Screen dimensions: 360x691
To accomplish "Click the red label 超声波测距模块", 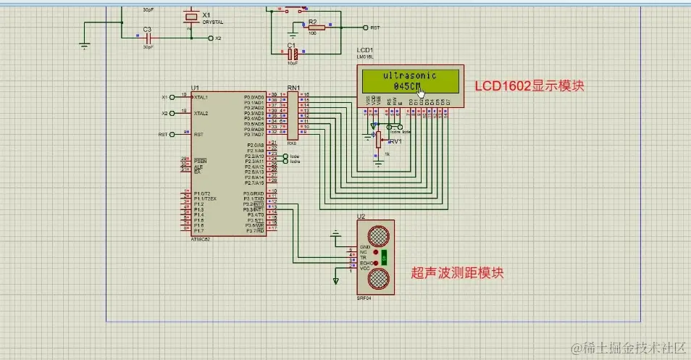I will coord(457,273).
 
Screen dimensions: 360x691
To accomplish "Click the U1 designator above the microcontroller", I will coord(195,87).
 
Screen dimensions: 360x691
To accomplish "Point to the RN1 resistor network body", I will coord(293,114).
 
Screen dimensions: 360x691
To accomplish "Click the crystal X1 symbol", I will coord(190,17).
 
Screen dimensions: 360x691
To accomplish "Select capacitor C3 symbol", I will coord(147,37).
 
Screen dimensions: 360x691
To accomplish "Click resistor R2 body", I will coord(316,28).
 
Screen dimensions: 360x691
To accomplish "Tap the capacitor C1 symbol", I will coord(293,53).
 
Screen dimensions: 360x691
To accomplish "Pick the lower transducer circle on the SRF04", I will coord(378,278).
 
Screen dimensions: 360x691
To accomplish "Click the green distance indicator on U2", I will coord(386,256).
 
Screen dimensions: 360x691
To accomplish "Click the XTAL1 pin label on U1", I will coord(201,97).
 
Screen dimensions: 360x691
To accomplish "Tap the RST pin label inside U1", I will coord(198,135).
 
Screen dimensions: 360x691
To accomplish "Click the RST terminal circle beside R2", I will coord(365,28).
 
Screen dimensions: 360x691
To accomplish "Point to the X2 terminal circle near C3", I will coord(211,38).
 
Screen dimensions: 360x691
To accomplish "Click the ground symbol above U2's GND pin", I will coord(335,234).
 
